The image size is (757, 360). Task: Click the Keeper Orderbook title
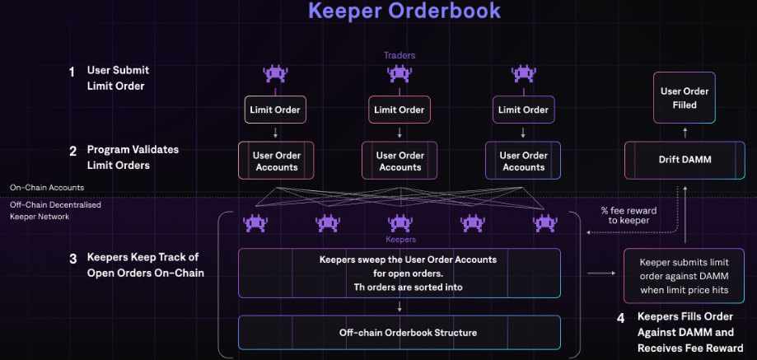404,12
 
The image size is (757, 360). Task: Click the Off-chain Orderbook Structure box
400,333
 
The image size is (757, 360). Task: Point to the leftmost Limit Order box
275,110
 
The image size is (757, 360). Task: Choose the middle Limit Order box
400,110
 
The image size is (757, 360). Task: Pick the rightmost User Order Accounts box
523,161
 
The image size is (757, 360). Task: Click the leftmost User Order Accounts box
276,161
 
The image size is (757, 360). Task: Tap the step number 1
72,72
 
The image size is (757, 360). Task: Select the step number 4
621,317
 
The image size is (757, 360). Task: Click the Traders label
400,55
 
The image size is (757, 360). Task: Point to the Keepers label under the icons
400,240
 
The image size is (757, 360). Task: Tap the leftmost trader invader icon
275,74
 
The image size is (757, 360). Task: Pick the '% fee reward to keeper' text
628,215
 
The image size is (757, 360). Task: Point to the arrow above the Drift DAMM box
685,131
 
